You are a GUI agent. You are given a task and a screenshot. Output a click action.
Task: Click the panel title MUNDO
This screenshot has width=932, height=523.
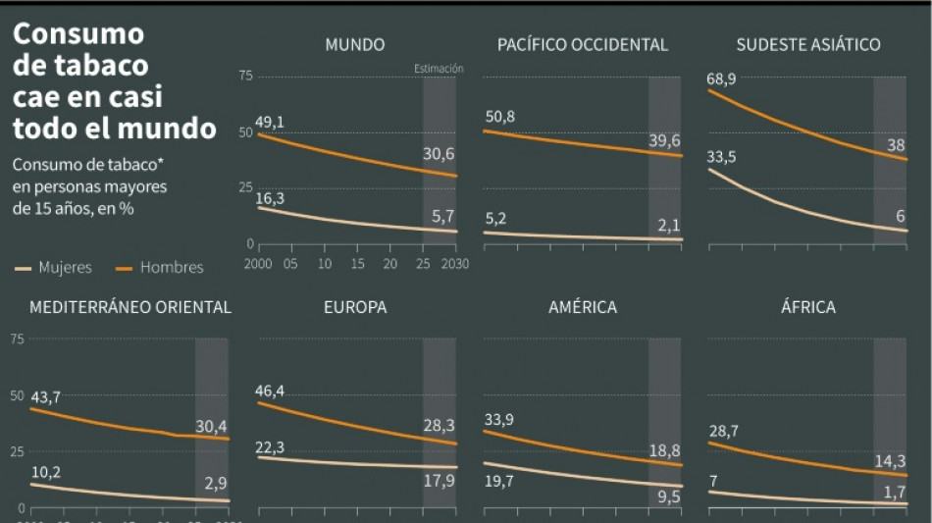pyautogui.click(x=355, y=44)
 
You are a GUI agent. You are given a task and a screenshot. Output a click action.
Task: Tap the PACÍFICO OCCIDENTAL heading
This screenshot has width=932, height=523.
pyautogui.click(x=582, y=44)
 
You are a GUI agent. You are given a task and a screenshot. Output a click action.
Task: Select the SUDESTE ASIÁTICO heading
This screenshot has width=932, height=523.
pyautogui.click(x=807, y=44)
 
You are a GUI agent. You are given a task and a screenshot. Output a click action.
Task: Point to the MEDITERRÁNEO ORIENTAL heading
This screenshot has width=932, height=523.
pyautogui.click(x=130, y=307)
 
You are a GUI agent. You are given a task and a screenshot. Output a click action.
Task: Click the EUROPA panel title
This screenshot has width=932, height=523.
pyautogui.click(x=355, y=307)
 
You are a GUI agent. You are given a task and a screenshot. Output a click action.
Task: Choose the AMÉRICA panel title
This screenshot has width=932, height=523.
pyautogui.click(x=582, y=307)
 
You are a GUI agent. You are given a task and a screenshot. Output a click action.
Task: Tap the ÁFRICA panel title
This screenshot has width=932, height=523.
pyautogui.click(x=807, y=307)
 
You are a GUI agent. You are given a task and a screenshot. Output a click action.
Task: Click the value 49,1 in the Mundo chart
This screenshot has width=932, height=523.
pyautogui.click(x=269, y=122)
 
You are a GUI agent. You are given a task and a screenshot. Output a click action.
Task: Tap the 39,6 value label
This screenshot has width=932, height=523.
pyautogui.click(x=664, y=140)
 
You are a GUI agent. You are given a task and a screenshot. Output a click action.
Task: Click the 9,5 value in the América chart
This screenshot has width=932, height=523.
pyautogui.click(x=667, y=497)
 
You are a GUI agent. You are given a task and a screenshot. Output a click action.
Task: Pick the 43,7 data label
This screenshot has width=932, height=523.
pyautogui.click(x=45, y=396)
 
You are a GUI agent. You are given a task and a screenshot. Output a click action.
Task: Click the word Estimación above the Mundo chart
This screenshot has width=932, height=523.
pyautogui.click(x=439, y=69)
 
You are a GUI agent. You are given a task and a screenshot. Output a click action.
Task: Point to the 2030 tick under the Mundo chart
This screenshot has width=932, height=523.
pyautogui.click(x=456, y=264)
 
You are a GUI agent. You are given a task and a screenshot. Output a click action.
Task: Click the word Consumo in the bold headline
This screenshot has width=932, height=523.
pyautogui.click(x=78, y=34)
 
